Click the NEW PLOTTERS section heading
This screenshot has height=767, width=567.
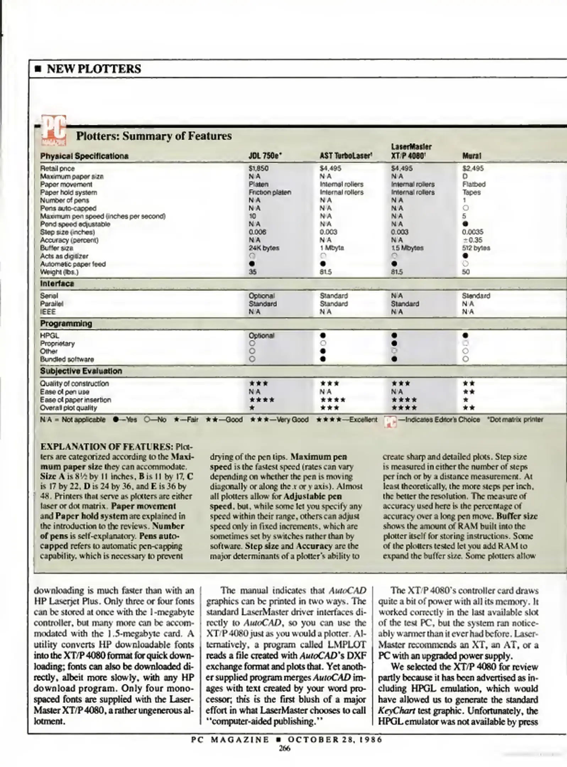[94, 69]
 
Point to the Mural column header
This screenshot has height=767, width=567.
[471, 156]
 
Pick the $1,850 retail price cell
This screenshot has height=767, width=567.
[258, 168]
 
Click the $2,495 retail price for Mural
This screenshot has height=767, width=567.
[473, 168]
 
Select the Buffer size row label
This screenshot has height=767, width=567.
[56, 248]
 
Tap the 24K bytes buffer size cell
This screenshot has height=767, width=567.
[264, 248]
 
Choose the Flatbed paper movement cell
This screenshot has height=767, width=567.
[474, 184]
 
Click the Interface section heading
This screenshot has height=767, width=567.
[57, 283]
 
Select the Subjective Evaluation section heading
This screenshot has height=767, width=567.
[81, 371]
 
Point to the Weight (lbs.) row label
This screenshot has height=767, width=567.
[59, 272]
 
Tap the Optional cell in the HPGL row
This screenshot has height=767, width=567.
[261, 336]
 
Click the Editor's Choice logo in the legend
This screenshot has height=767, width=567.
[390, 421]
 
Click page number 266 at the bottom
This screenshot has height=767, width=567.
[284, 748]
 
